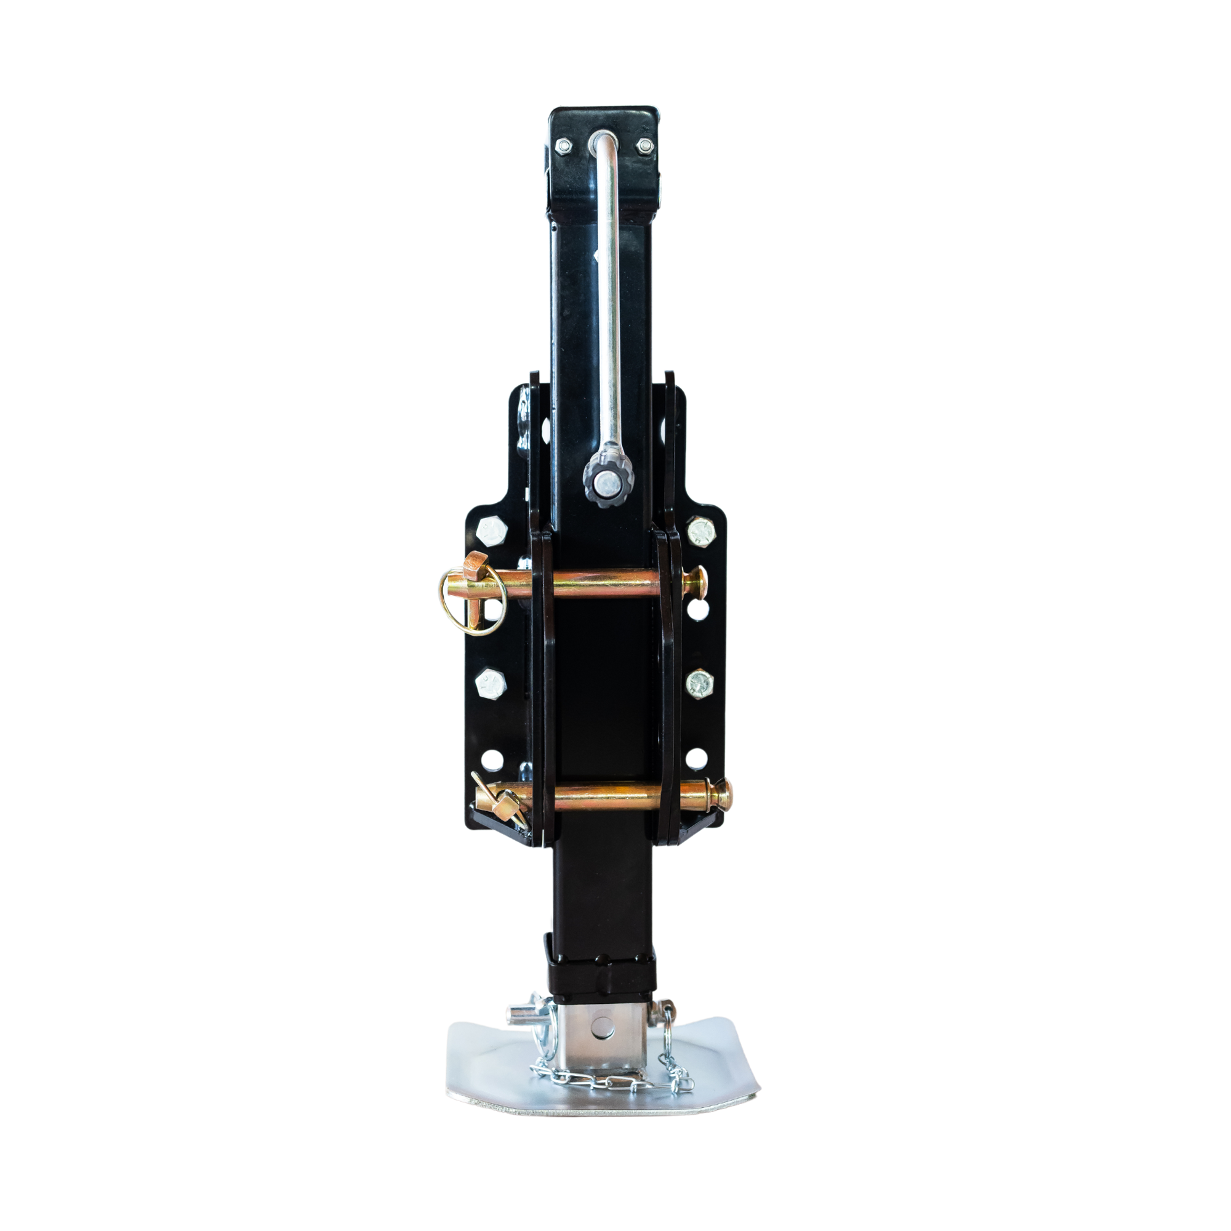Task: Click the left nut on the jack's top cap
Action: [x=563, y=146]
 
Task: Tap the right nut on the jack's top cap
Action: [x=645, y=146]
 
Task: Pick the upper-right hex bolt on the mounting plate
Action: [x=702, y=530]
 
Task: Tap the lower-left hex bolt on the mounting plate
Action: [x=491, y=684]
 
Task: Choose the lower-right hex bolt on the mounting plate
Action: [x=699, y=683]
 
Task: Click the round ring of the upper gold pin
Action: [x=472, y=602]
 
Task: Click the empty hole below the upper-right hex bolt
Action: [x=699, y=611]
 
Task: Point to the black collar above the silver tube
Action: [x=601, y=987]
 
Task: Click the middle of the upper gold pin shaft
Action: [x=603, y=582]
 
